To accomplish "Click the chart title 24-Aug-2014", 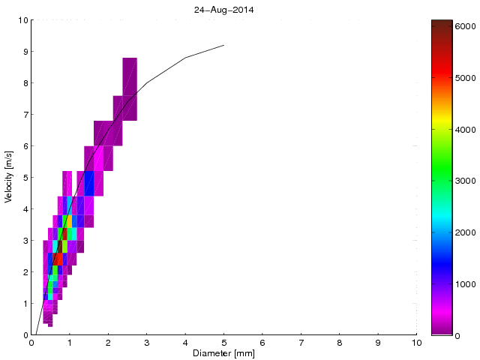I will tap(223, 9).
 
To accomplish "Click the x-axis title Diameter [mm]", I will tap(223, 353).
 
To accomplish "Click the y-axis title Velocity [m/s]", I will tap(9, 178).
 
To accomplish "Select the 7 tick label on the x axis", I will tap(301, 343).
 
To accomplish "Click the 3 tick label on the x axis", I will tap(146, 343).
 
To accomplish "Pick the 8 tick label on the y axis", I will tap(25, 83).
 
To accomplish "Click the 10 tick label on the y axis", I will tap(22, 20).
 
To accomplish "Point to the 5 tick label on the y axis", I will tap(25, 178).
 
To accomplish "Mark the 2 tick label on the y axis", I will tap(25, 272).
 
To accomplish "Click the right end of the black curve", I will tap(223, 45).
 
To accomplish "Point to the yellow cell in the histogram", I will tap(70, 221).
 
